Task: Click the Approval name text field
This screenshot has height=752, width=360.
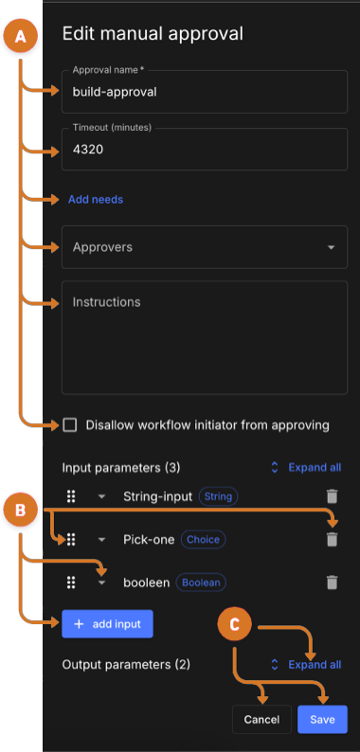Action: coord(204,92)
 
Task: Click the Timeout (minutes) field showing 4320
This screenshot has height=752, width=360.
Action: coord(204,150)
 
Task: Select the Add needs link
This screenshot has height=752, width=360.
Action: coord(96,200)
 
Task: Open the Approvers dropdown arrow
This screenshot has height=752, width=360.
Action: coord(331,248)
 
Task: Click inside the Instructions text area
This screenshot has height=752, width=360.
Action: coord(204,336)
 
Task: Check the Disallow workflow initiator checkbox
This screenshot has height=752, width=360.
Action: coord(70,425)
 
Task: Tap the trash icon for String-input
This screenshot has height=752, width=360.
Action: coord(332,496)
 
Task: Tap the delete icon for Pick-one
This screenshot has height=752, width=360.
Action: coord(332,539)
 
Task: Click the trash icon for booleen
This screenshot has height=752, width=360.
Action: coord(332,582)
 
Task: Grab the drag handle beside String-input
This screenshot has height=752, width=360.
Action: coord(70,496)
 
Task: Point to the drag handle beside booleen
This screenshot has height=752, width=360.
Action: coord(70,582)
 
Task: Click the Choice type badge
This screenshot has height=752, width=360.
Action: coord(203,540)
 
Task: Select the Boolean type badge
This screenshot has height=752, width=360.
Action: coord(200,582)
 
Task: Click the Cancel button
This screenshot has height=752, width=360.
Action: coord(261,720)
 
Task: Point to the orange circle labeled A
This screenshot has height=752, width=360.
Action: coord(21,37)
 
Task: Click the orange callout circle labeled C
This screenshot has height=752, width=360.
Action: coord(235,625)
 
